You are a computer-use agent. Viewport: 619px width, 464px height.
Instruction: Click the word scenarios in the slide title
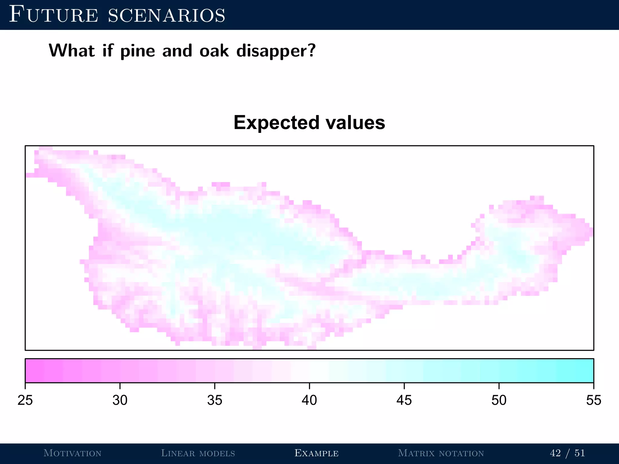pyautogui.click(x=167, y=15)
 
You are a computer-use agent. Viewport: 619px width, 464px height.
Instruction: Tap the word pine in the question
pyautogui.click(x=138, y=51)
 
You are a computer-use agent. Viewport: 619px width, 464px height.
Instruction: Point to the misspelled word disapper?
pyautogui.click(x=276, y=51)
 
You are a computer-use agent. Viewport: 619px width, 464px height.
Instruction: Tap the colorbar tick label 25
pyautogui.click(x=25, y=400)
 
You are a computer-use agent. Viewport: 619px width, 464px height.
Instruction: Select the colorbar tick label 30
pyautogui.click(x=120, y=400)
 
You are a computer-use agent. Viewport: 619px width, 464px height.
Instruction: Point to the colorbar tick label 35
pyautogui.click(x=215, y=400)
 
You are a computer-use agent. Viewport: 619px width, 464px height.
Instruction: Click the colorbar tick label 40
pyautogui.click(x=309, y=400)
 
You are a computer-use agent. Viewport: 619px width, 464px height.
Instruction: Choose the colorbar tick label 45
pyautogui.click(x=404, y=400)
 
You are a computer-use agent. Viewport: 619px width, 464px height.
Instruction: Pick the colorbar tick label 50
pyautogui.click(x=499, y=400)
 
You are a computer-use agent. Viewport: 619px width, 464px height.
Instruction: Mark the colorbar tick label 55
pyautogui.click(x=593, y=400)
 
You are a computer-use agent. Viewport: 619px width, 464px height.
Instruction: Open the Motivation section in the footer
pyautogui.click(x=73, y=453)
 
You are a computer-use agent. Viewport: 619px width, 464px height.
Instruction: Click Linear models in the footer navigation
pyautogui.click(x=198, y=453)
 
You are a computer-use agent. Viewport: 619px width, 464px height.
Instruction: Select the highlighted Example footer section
pyautogui.click(x=316, y=453)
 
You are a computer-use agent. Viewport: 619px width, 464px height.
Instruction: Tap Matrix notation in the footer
pyautogui.click(x=441, y=453)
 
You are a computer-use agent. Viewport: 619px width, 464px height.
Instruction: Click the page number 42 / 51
pyautogui.click(x=567, y=453)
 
